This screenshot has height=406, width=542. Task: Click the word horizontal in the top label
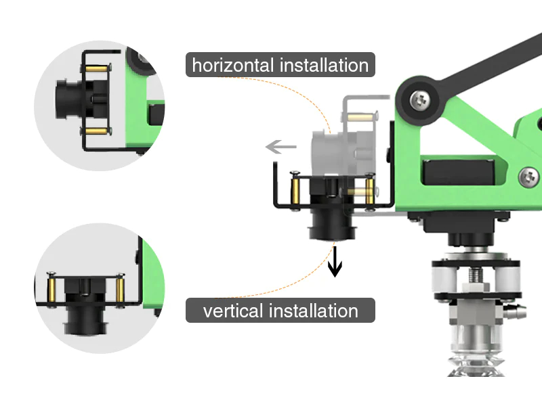231,66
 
